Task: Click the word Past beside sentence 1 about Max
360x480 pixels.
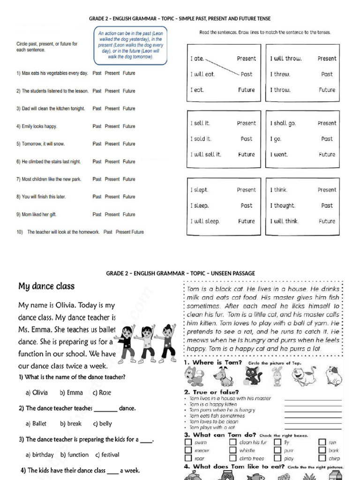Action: point(97,73)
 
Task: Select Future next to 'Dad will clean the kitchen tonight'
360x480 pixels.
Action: point(129,108)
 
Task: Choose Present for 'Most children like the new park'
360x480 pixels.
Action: point(112,179)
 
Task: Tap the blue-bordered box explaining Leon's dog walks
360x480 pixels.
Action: point(131,45)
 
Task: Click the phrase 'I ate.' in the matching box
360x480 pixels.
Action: point(197,59)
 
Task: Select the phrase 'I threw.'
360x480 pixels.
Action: point(280,74)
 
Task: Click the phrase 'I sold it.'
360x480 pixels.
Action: point(201,139)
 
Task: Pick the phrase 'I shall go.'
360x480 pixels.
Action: point(283,123)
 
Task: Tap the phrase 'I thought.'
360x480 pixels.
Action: point(282,205)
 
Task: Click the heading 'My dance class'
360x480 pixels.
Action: point(46,286)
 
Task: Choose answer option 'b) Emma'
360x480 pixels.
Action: point(71,393)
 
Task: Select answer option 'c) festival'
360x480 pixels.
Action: point(107,455)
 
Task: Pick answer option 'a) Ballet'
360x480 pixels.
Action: point(36,424)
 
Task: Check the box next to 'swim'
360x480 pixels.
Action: point(188,442)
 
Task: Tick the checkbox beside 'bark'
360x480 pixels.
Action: point(322,450)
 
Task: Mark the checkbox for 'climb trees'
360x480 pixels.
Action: point(233,458)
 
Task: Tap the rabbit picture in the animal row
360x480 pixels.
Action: point(277,376)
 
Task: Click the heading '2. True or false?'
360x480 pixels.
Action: point(211,392)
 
